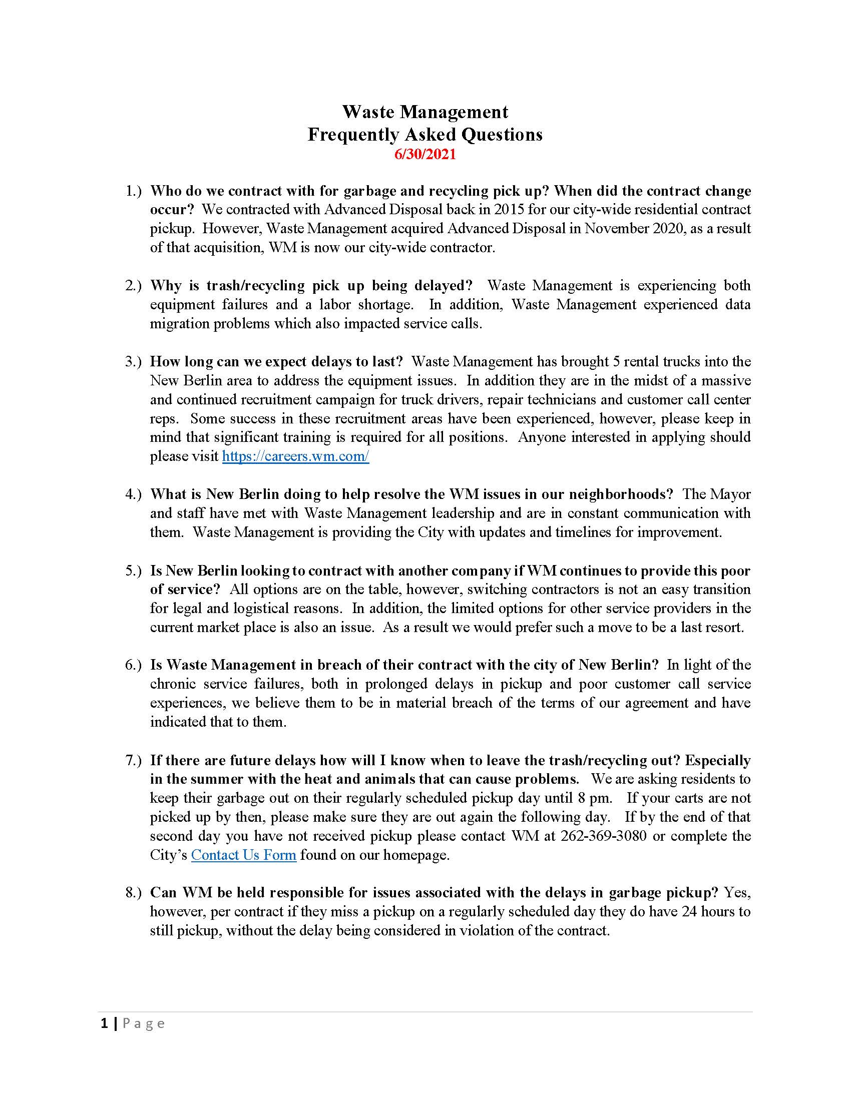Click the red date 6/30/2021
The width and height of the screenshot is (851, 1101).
[425, 154]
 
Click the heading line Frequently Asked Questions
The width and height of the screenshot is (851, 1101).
[425, 134]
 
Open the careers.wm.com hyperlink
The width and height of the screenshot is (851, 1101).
[295, 456]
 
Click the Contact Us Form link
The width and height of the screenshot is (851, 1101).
[243, 855]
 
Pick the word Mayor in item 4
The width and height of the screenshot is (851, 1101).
[730, 494]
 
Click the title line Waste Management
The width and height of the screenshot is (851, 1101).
[425, 112]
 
